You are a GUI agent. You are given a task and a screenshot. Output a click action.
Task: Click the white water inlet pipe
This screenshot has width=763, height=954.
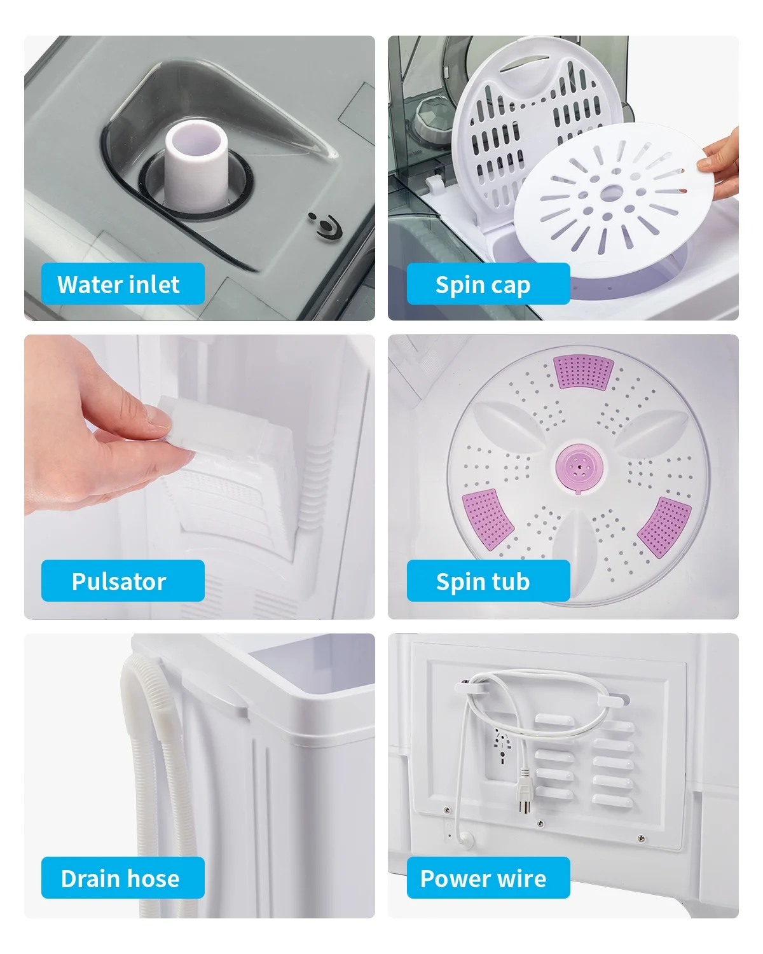[196, 164]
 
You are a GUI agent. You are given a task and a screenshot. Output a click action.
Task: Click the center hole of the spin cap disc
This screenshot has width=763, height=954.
[612, 193]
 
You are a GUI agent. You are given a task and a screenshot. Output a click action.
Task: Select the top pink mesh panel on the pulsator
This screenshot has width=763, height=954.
[583, 371]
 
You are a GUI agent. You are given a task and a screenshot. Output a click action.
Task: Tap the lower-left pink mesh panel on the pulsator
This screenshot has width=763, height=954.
[487, 519]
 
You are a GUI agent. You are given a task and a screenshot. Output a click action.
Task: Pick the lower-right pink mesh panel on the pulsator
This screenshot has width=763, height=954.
[664, 527]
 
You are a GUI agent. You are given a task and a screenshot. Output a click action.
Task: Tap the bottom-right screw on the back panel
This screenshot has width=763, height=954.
[641, 838]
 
